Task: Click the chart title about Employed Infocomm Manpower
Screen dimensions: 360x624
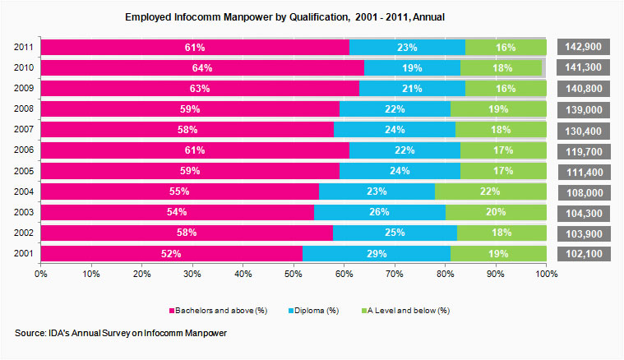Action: (284, 16)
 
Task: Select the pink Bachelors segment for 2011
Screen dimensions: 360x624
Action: (195, 48)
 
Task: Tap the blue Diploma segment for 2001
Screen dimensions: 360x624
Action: (377, 254)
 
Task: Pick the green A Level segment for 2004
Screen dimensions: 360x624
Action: (491, 192)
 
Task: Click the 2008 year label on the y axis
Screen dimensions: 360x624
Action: (25, 109)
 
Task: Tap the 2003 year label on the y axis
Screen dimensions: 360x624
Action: (25, 213)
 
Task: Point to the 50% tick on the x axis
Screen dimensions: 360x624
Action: (294, 273)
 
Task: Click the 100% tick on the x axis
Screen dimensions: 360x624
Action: (546, 273)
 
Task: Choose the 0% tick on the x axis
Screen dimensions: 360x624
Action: (41, 273)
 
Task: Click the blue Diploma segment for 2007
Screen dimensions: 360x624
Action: (395, 130)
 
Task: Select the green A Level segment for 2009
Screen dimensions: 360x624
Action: (506, 89)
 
